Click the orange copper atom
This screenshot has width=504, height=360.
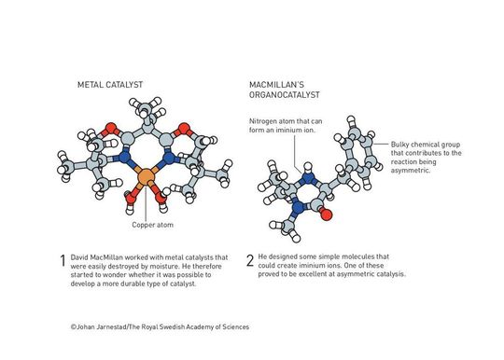pyautogui.click(x=145, y=177)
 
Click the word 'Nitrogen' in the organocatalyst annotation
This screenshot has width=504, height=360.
pyautogui.click(x=264, y=122)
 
